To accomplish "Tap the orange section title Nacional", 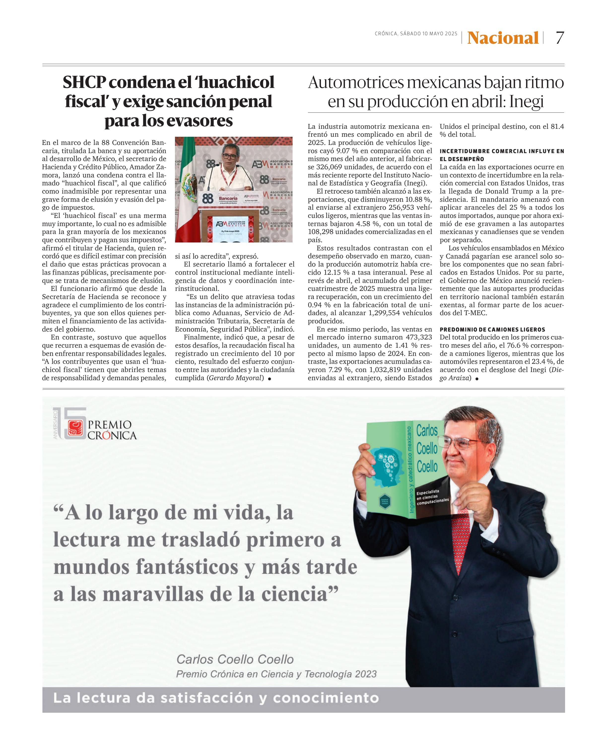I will tap(503, 38).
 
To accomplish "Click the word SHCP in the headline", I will tap(84, 82).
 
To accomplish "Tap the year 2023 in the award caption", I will tap(366, 674).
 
